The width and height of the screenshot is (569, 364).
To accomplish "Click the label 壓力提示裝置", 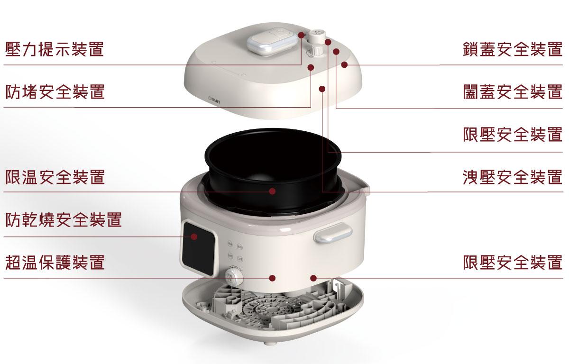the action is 55,49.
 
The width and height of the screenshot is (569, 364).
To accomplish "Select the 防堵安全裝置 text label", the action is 55,91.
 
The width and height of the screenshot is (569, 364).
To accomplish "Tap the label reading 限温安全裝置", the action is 55,177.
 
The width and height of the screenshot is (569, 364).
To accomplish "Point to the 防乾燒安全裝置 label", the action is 64,219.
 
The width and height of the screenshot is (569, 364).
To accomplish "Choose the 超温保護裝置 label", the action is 55,262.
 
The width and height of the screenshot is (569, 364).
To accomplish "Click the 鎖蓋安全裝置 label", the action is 513,49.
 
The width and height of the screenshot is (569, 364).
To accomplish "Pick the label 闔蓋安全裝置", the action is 513,91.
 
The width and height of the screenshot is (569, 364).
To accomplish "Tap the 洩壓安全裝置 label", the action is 513,177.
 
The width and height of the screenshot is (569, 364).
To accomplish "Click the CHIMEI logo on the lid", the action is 214,100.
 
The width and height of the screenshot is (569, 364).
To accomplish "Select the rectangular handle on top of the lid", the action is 272,41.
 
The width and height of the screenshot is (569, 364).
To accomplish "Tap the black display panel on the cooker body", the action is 199,248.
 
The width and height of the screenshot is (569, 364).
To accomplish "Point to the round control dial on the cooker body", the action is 233,276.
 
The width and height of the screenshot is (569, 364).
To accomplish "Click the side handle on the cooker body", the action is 333,232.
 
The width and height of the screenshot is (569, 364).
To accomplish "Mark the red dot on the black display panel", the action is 194,237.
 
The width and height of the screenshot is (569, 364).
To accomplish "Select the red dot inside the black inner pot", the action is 272,191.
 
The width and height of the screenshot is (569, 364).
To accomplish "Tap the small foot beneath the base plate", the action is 270,343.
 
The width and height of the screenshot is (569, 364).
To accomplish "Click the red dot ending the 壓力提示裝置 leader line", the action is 302,35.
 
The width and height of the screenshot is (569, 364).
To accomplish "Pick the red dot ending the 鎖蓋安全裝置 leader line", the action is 344,65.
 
